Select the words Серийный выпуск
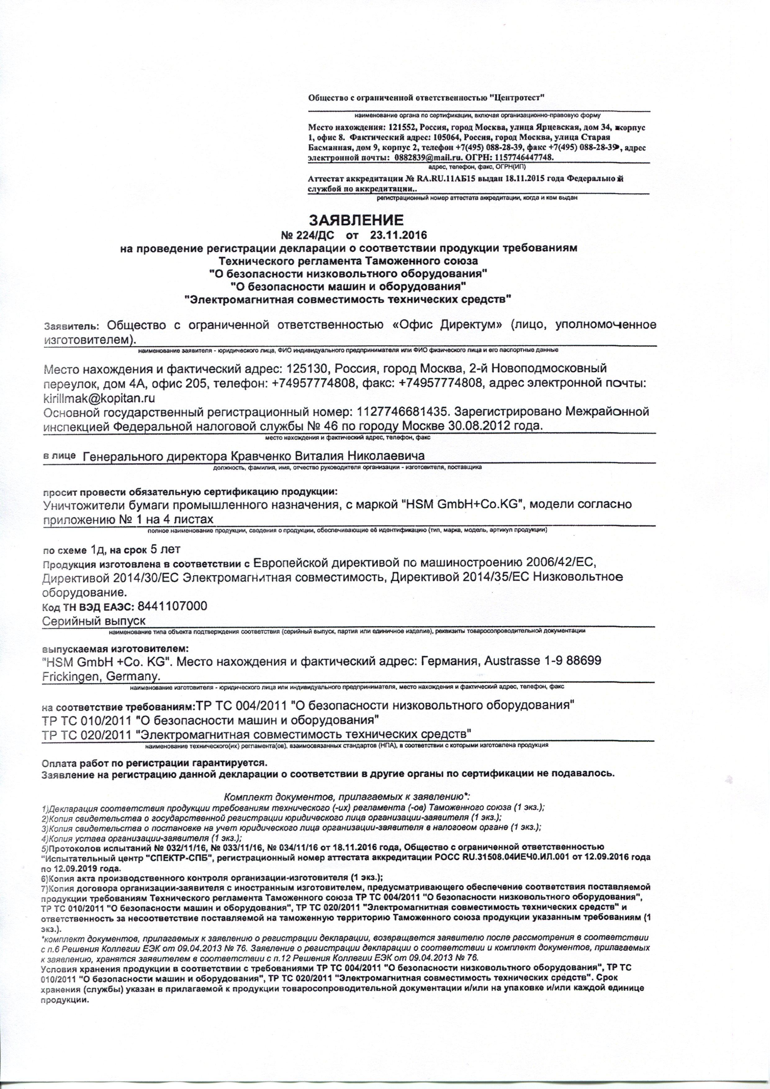click(x=94, y=621)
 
